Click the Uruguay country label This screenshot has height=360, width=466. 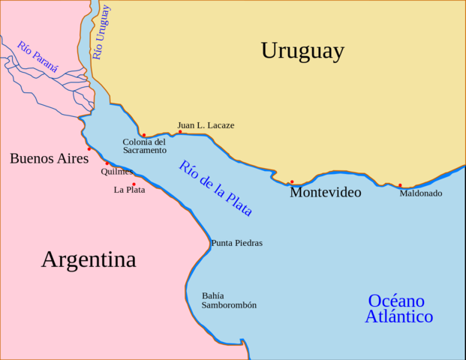302,51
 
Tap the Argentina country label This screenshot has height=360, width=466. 89,259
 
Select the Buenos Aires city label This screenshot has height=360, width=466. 49,158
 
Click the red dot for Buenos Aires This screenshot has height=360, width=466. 89,148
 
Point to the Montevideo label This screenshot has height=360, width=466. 325,193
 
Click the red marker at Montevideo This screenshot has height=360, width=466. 292,181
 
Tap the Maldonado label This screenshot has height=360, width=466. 420,193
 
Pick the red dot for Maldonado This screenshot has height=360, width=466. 400,185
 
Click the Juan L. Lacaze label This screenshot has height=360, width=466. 206,125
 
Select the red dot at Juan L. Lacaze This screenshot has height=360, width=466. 180,132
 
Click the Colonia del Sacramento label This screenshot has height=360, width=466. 144,146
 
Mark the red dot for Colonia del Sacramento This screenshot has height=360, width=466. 143,136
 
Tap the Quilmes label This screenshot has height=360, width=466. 116,172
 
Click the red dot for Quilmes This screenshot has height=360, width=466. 107,163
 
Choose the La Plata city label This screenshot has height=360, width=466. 129,190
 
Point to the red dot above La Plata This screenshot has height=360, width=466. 134,184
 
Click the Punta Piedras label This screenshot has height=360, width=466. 236,243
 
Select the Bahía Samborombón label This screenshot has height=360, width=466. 229,300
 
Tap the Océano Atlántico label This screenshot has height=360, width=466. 398,308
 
